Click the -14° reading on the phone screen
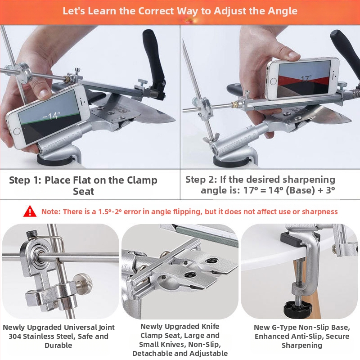[x=52, y=116]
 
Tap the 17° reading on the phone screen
[x=306, y=78]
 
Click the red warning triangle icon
[x=30, y=211]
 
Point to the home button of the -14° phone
[x=17, y=131]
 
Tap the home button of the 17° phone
[x=274, y=81]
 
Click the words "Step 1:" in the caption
[x=25, y=180]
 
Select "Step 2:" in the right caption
[x=201, y=180]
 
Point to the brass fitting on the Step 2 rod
[x=234, y=104]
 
